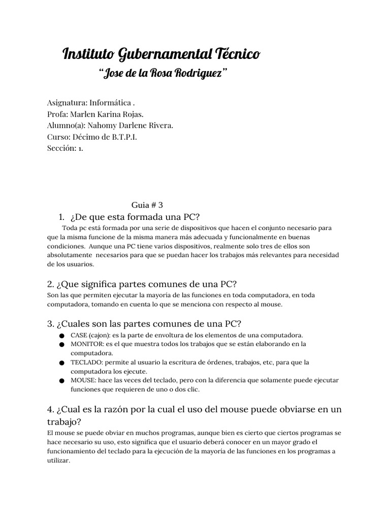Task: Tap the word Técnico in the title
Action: pos(239,53)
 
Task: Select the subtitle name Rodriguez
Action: pos(199,74)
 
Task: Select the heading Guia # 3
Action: pos(147,205)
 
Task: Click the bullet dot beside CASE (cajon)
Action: pos(61,336)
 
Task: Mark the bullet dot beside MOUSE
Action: pos(61,380)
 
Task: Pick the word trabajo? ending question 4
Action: pos(64,422)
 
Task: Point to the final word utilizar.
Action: pos(58,461)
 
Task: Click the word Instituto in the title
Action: pos(88,53)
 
